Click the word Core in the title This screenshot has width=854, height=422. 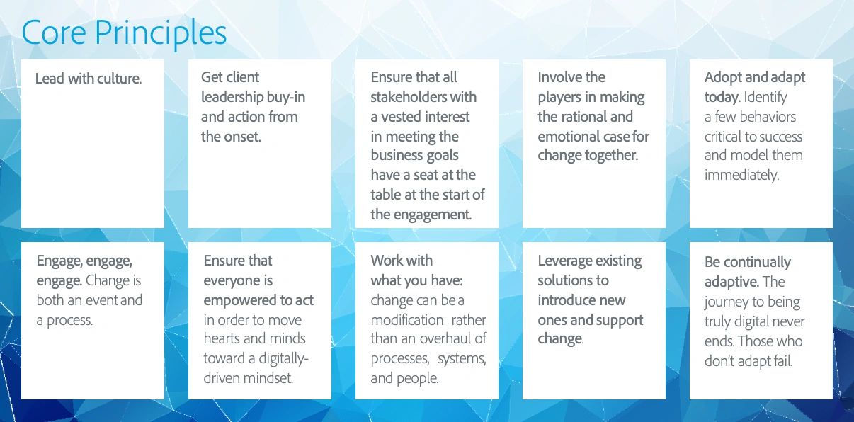(54, 33)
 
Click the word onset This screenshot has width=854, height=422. (242, 137)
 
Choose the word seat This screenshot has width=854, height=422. (427, 175)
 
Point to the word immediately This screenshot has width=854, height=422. (741, 175)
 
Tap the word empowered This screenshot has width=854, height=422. (239, 300)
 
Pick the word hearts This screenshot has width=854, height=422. (223, 338)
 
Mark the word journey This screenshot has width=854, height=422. (730, 302)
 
